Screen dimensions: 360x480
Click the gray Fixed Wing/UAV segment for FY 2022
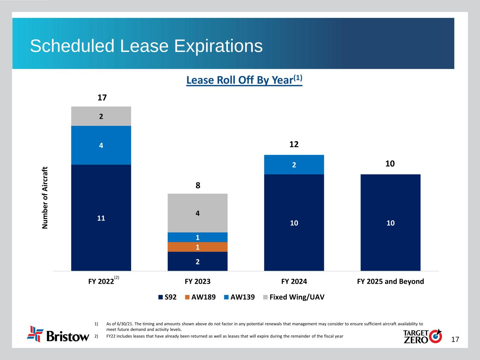(x=101, y=116)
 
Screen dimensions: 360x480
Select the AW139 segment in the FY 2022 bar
(x=101, y=145)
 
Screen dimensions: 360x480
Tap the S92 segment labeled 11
(x=101, y=218)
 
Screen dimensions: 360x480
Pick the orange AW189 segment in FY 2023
(x=198, y=247)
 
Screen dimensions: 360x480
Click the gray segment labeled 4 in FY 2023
(x=198, y=213)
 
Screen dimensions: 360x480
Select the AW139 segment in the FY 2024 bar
(x=294, y=165)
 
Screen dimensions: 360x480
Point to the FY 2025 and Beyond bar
(x=390, y=223)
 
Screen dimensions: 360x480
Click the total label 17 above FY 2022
(x=102, y=98)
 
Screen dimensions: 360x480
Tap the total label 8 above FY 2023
(x=198, y=185)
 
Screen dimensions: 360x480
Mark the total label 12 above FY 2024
(x=294, y=144)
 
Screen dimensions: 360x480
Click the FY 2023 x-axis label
(x=198, y=281)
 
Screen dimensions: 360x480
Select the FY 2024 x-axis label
(x=294, y=281)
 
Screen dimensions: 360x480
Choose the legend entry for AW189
(x=200, y=297)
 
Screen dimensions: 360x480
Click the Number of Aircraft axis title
(x=45, y=198)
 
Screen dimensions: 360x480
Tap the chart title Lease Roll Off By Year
(x=244, y=80)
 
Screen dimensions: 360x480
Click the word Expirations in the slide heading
(x=209, y=46)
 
